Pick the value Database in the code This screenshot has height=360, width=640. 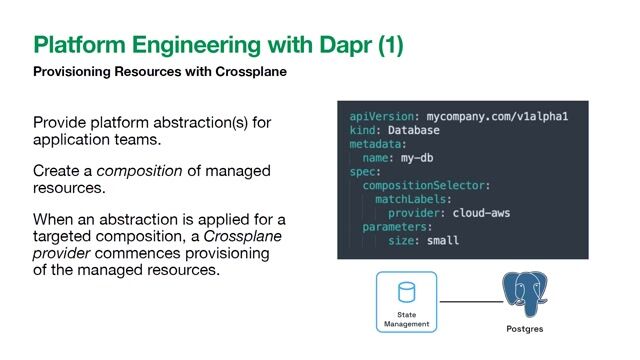pyautogui.click(x=418, y=131)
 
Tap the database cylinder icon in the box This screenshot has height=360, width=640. pyautogui.click(x=406, y=293)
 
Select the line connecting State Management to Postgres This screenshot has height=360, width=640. pyautogui.click(x=470, y=301)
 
